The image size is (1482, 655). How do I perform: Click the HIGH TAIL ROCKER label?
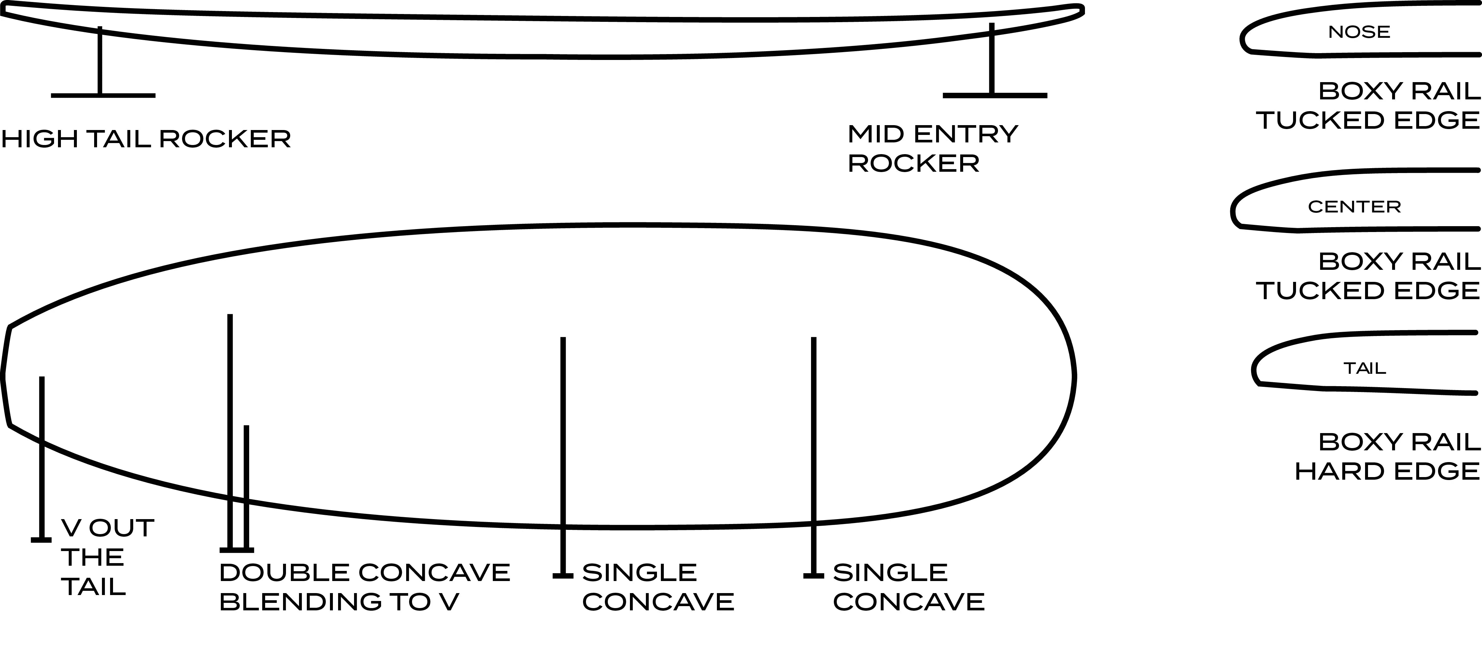pos(146,139)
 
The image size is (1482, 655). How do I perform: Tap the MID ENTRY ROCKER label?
pos(933,149)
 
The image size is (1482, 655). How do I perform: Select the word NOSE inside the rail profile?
pos(1359,32)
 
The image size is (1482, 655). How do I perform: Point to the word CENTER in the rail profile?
pos(1354,207)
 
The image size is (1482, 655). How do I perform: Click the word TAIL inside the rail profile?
pos(1365,368)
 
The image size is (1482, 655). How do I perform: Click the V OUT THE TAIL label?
pos(107,557)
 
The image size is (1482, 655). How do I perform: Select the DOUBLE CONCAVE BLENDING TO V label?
pos(365,587)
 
